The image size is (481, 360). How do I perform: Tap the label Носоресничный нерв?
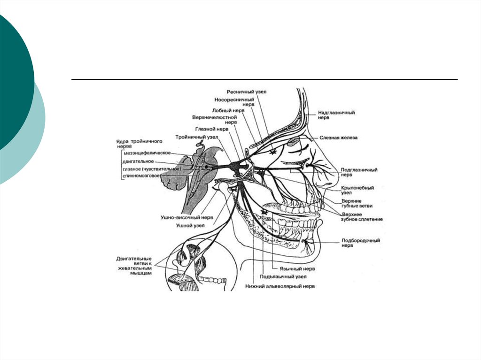click(241, 102)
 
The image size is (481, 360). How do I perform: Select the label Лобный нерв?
click(228, 110)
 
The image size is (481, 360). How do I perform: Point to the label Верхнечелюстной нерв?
click(214, 119)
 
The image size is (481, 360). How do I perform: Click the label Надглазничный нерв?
click(336, 115)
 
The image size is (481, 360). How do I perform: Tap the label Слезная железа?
click(339, 138)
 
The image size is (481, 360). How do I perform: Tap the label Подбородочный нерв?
click(360, 243)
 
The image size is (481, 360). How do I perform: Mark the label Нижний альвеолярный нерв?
click(280, 286)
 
